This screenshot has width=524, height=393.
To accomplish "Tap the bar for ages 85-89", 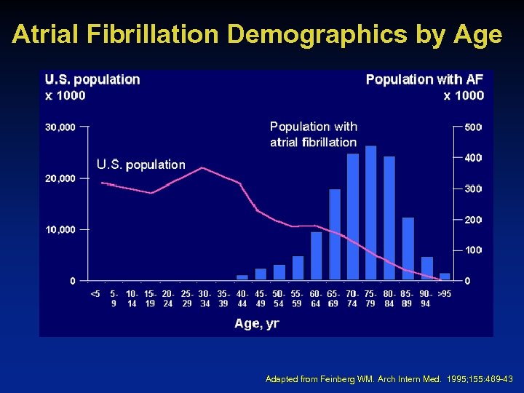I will pyautogui.click(x=408, y=248).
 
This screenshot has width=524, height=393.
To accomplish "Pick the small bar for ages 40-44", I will pyautogui.click(x=242, y=277).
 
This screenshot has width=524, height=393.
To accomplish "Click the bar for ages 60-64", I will pyautogui.click(x=316, y=255).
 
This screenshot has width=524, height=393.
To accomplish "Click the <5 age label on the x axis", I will pyautogui.click(x=95, y=294).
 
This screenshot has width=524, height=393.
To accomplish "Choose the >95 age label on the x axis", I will pyautogui.click(x=444, y=294).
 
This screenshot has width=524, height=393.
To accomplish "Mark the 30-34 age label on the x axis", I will pyautogui.click(x=205, y=298).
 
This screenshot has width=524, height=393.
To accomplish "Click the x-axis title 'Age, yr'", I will pyautogui.click(x=256, y=324).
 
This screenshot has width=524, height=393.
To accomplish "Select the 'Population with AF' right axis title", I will pyautogui.click(x=424, y=79).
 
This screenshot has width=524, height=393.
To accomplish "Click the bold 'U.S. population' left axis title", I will pyautogui.click(x=92, y=79).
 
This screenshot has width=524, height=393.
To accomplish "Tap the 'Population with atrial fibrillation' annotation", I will pyautogui.click(x=313, y=135).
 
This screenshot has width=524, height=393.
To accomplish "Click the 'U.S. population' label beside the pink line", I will pyautogui.click(x=140, y=164).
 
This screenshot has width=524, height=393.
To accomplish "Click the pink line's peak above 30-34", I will pyautogui.click(x=203, y=167).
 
